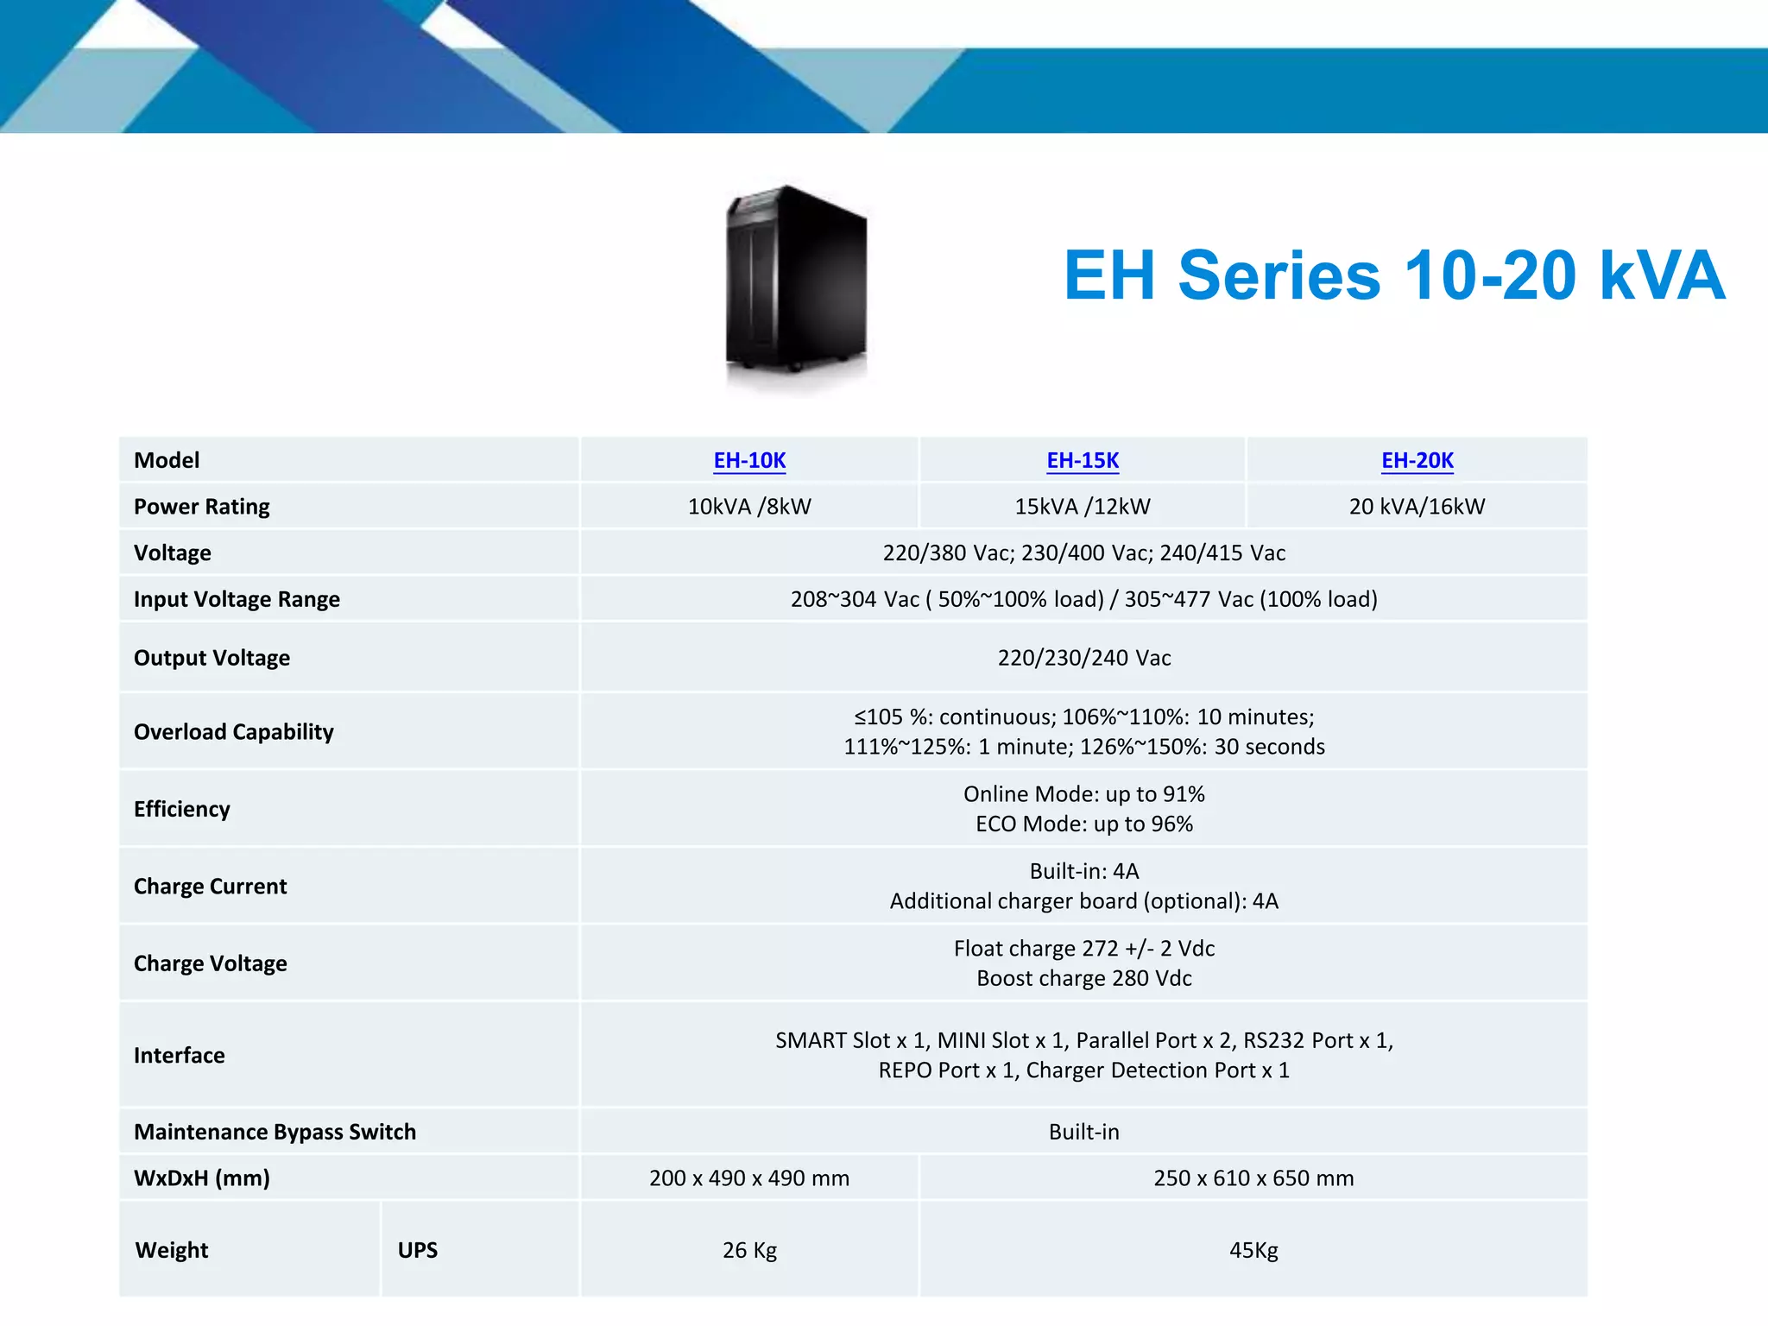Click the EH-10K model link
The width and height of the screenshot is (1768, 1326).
[x=749, y=460]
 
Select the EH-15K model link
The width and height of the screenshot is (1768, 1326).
[x=1083, y=460]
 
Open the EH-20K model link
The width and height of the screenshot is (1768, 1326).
[x=1417, y=460]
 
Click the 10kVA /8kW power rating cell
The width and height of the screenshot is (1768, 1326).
[x=749, y=507]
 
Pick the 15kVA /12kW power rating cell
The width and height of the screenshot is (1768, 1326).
[x=1083, y=507]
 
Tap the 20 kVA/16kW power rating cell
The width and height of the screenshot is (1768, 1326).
[x=1417, y=507]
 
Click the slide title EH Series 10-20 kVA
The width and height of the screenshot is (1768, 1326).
[x=1393, y=275]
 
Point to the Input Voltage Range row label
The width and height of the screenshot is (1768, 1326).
[x=237, y=599]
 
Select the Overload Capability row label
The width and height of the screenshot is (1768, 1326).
[x=233, y=732]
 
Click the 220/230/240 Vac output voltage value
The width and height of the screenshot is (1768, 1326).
[x=1084, y=658]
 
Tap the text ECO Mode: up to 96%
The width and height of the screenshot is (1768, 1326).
[x=1084, y=824]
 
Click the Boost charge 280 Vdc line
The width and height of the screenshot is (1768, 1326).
[x=1084, y=978]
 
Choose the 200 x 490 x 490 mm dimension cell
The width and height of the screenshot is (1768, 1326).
[x=749, y=1178]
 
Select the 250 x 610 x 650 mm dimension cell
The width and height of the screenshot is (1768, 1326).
[x=1253, y=1178]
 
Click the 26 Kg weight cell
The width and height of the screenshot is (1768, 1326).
[x=749, y=1250]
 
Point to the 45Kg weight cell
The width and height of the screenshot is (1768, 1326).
[x=1253, y=1250]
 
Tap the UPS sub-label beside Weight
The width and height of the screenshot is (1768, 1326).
[x=418, y=1250]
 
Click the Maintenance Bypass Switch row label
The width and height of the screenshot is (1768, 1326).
[x=275, y=1132]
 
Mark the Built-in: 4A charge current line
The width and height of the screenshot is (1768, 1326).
[x=1084, y=871]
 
